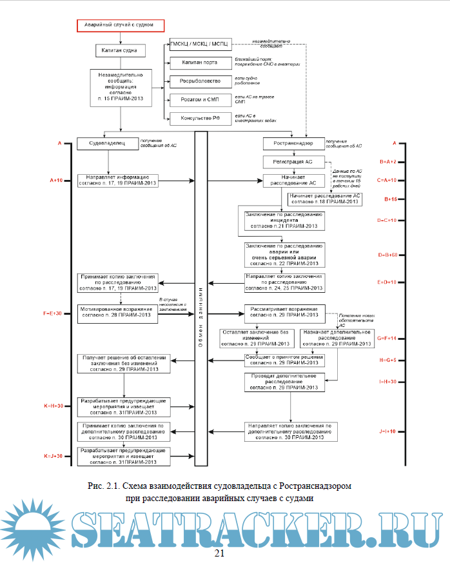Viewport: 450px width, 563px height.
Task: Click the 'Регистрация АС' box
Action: coord(294,161)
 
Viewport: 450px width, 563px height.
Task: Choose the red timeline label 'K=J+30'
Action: coord(54,456)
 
